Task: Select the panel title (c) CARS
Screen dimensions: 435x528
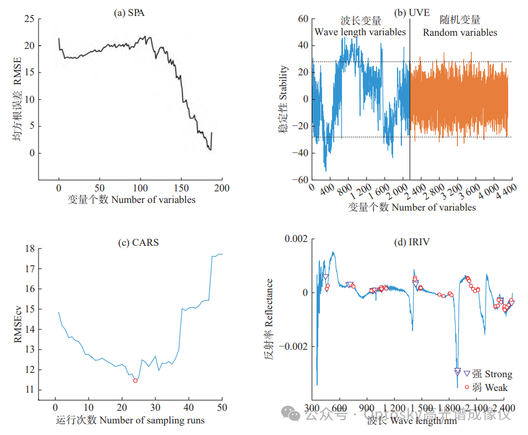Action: [139, 242]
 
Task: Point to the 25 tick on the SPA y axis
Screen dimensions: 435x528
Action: [29, 19]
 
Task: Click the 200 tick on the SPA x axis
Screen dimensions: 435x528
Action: [222, 188]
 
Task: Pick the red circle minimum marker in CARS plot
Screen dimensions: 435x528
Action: [135, 381]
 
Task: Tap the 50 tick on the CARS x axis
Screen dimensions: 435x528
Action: [221, 408]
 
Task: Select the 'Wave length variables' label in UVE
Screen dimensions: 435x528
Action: [360, 32]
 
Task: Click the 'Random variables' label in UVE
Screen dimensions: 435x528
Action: [460, 32]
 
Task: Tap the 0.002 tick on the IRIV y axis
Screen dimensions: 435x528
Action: [295, 239]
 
